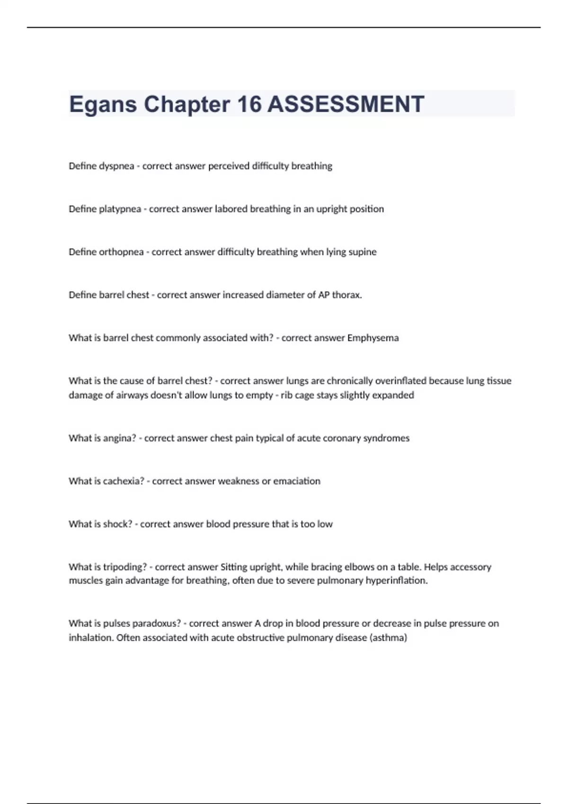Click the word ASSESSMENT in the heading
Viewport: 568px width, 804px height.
click(x=346, y=104)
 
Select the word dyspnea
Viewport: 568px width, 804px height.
click(x=116, y=166)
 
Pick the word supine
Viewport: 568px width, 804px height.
click(x=363, y=252)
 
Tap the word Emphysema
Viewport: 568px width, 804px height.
click(x=373, y=338)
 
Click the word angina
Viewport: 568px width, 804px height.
click(x=119, y=438)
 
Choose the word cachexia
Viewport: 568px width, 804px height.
click(x=123, y=481)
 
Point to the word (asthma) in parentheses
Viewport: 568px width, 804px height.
click(x=388, y=638)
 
